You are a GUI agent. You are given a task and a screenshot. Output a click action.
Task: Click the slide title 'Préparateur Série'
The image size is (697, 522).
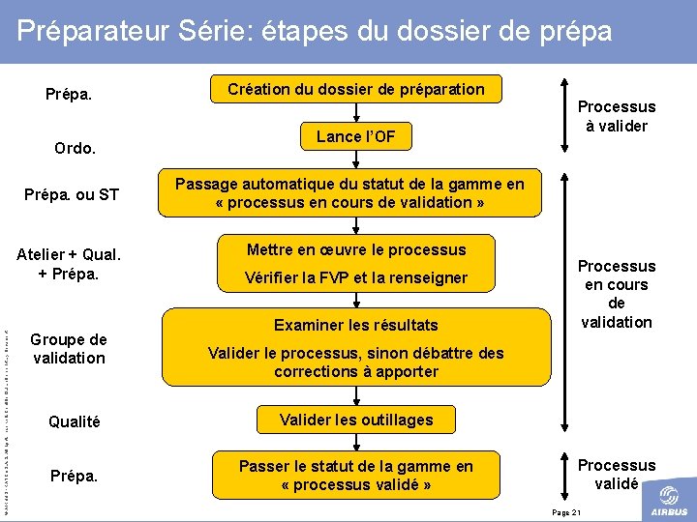[x=315, y=30]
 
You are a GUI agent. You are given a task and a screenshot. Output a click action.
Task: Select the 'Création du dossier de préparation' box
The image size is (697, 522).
[x=356, y=89]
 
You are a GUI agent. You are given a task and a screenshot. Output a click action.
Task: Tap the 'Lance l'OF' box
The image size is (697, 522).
[x=356, y=136]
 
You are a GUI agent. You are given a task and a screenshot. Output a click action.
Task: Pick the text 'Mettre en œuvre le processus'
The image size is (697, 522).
[x=356, y=249]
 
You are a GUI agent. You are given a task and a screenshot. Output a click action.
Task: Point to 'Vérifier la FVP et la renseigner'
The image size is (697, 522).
[x=356, y=277]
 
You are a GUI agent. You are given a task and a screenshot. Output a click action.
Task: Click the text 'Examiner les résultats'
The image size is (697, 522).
[x=356, y=325]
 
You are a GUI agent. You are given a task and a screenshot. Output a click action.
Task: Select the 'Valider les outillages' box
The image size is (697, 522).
[x=356, y=420]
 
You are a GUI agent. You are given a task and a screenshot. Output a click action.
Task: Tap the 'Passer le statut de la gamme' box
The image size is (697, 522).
[x=356, y=475]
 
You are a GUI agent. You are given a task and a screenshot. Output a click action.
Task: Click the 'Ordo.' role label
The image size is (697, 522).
[x=75, y=149]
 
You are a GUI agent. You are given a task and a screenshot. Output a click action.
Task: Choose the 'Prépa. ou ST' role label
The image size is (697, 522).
[x=72, y=195]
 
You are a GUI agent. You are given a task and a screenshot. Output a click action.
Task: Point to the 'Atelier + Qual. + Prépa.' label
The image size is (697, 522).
[x=69, y=263]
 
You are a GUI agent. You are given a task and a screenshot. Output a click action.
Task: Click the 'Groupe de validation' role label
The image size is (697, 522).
[x=69, y=348]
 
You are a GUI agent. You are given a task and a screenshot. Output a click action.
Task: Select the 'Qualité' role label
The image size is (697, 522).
[x=74, y=421]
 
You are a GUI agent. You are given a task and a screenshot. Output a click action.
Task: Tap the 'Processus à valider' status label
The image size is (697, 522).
[x=617, y=116]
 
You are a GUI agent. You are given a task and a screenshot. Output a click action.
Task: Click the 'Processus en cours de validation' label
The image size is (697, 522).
[x=617, y=293]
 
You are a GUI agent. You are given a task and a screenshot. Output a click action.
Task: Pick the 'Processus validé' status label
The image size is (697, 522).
[x=617, y=474]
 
